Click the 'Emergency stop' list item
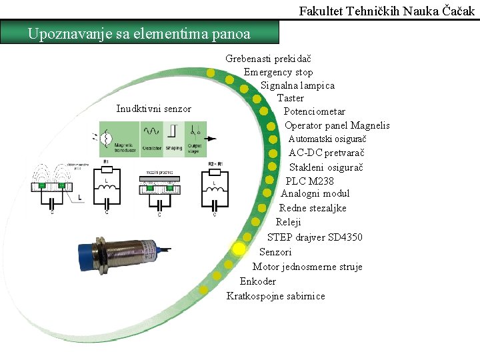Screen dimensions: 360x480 278,72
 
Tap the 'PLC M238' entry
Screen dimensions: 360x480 310,181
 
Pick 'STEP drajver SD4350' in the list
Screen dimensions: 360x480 315,237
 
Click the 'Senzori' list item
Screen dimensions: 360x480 275,252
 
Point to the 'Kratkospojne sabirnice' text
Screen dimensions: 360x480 276,296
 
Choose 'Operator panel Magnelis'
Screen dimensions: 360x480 337,125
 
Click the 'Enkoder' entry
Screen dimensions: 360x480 258,281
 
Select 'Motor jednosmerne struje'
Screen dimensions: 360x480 307,267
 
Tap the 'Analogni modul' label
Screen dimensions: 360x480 315,193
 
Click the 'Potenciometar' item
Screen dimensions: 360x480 315,111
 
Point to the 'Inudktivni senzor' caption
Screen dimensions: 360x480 153,109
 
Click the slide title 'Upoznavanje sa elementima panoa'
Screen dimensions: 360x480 139,33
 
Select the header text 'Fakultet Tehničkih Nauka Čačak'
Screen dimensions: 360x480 387,11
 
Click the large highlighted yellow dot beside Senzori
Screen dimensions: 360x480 239,249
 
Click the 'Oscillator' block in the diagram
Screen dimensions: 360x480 151,139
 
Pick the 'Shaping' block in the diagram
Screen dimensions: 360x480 173,139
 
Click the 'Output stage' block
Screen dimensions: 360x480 195,139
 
